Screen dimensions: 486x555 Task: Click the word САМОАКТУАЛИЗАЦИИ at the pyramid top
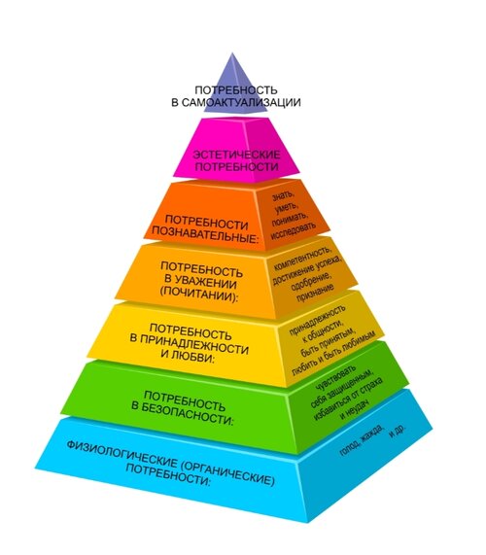(x=241, y=102)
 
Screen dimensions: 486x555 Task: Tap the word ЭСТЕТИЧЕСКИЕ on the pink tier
(x=236, y=155)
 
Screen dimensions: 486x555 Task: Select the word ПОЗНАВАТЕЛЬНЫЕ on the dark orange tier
(x=205, y=234)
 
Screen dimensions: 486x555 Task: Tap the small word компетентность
(x=302, y=258)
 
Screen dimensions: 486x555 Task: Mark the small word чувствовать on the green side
(x=335, y=378)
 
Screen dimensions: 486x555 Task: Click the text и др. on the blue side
(x=398, y=431)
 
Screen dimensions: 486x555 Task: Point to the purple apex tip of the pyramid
(x=232, y=53)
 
